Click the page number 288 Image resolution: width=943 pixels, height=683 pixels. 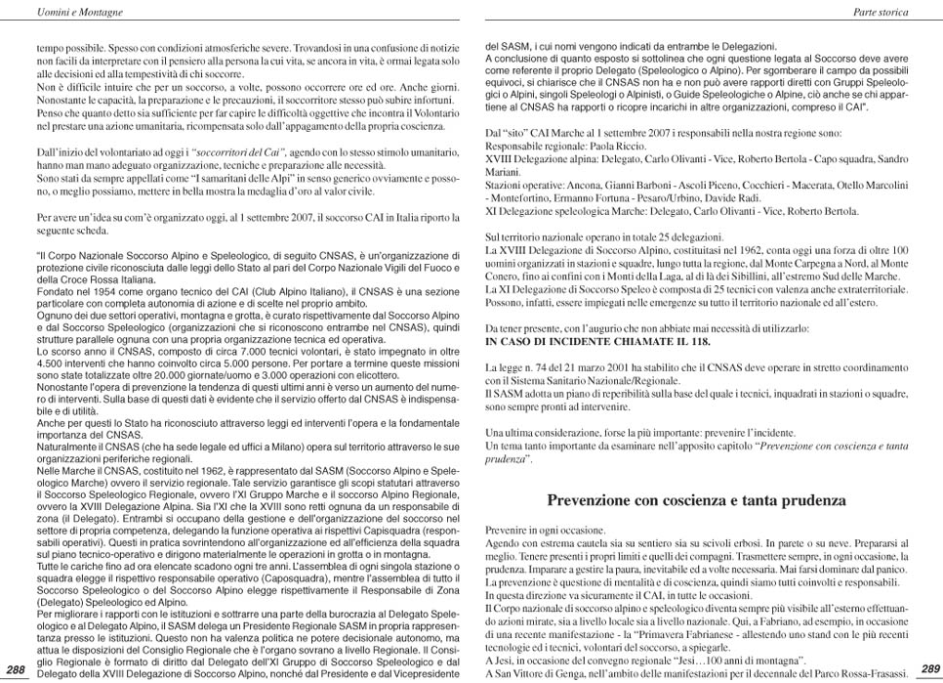[16, 668]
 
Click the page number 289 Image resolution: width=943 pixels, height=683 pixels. [927, 668]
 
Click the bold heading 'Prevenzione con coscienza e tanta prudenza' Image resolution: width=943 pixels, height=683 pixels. [696, 500]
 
